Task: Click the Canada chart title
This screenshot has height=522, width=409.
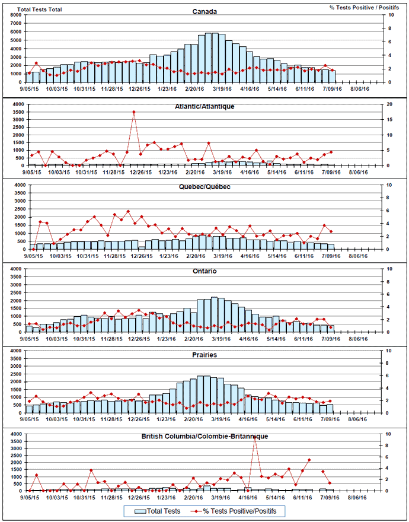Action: coord(204,11)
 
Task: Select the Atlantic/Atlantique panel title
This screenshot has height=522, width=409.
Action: coord(204,106)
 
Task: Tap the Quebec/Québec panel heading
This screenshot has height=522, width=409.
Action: coord(204,186)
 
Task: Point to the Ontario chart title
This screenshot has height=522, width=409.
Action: coord(204,271)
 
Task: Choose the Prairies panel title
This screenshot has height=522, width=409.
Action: coord(204,355)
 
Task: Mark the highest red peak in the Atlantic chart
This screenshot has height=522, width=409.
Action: coord(134,112)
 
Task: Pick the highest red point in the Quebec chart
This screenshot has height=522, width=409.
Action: coord(128,211)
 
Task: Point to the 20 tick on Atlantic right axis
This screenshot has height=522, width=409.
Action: coord(389,104)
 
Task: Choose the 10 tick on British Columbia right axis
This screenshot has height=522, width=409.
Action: coord(388,434)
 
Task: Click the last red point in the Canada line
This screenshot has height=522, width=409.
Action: coord(333,71)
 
